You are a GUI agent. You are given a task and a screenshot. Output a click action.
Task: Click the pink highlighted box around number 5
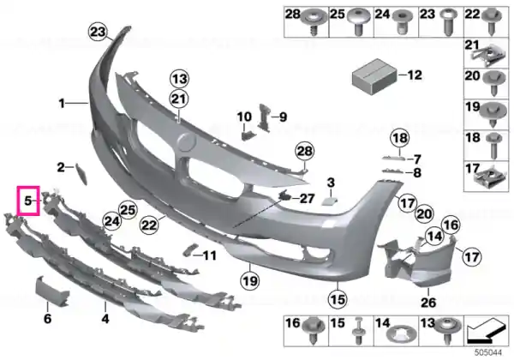click(x=28, y=187)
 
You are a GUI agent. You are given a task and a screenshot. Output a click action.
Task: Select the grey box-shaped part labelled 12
click(x=374, y=77)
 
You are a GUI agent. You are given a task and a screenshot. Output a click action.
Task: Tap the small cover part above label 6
click(x=51, y=291)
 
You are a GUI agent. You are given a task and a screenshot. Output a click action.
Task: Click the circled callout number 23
click(x=98, y=32)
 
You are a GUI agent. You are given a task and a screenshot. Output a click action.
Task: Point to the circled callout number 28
click(x=304, y=151)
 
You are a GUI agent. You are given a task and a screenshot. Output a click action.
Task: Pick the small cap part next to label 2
click(x=81, y=173)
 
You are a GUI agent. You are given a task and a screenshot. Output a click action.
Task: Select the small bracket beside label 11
click(x=190, y=249)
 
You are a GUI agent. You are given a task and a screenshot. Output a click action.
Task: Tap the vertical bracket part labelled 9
click(x=264, y=117)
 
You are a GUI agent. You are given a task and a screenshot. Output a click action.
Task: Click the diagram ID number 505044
click(x=488, y=353)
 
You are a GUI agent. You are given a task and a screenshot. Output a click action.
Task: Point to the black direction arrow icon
click(x=487, y=332)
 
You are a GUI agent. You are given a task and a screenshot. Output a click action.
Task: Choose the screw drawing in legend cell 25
click(x=358, y=21)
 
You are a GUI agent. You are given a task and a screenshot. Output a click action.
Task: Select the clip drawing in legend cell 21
click(x=486, y=54)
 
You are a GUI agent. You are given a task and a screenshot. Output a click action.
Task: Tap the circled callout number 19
click(x=250, y=280)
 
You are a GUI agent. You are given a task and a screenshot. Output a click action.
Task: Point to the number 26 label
click(x=428, y=302)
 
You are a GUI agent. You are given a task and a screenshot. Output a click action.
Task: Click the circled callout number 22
click(x=149, y=225)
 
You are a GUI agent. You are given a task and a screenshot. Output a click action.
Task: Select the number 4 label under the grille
click(x=105, y=318)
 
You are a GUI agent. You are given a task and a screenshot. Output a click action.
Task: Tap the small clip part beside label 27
click(x=284, y=195)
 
